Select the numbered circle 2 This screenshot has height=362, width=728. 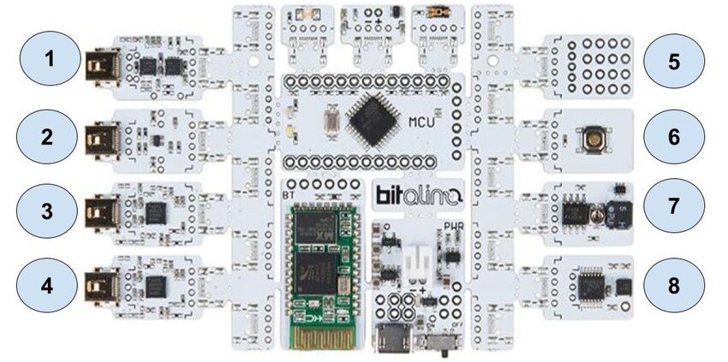[x=50, y=135]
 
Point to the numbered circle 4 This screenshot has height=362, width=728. [x=50, y=284]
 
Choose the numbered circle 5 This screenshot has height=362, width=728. [x=674, y=62]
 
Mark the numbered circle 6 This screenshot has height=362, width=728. [x=674, y=136]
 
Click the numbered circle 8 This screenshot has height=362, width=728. [x=674, y=285]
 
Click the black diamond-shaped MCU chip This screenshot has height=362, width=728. [x=372, y=116]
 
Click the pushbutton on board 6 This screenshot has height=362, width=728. [x=590, y=137]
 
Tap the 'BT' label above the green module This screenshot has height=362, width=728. [x=289, y=196]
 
